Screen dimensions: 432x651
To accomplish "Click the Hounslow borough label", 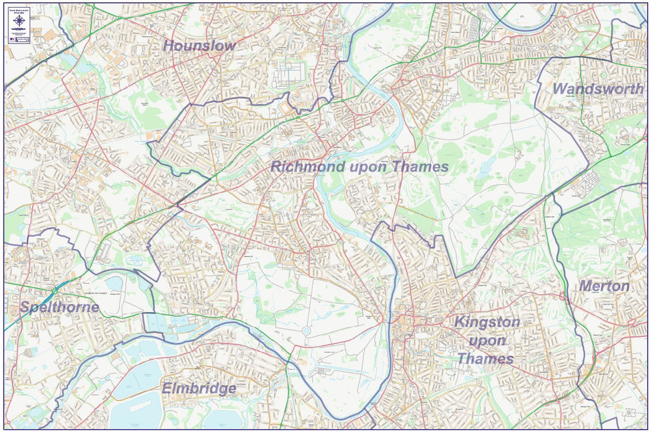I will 199,46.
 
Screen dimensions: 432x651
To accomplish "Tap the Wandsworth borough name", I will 598,89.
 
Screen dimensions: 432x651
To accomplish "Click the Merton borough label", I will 604,286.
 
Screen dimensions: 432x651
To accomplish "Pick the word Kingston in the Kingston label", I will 487,323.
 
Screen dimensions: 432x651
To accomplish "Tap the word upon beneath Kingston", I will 487,341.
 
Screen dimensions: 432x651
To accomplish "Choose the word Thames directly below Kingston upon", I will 485,359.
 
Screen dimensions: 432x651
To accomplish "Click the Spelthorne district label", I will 59,307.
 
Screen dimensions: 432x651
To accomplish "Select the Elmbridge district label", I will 199,389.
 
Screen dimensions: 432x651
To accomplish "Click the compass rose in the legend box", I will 20,20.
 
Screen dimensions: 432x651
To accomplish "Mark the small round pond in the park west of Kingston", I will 306,330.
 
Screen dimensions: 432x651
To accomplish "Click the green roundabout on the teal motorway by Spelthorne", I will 54,291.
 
